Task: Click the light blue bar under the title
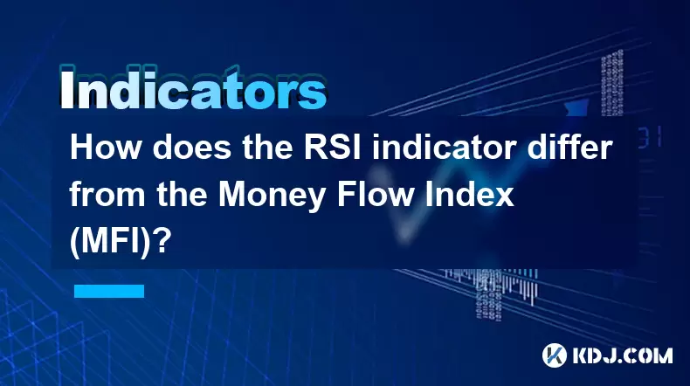pyautogui.click(x=109, y=291)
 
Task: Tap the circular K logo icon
pyautogui.click(x=554, y=355)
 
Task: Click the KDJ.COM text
pyautogui.click(x=622, y=355)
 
